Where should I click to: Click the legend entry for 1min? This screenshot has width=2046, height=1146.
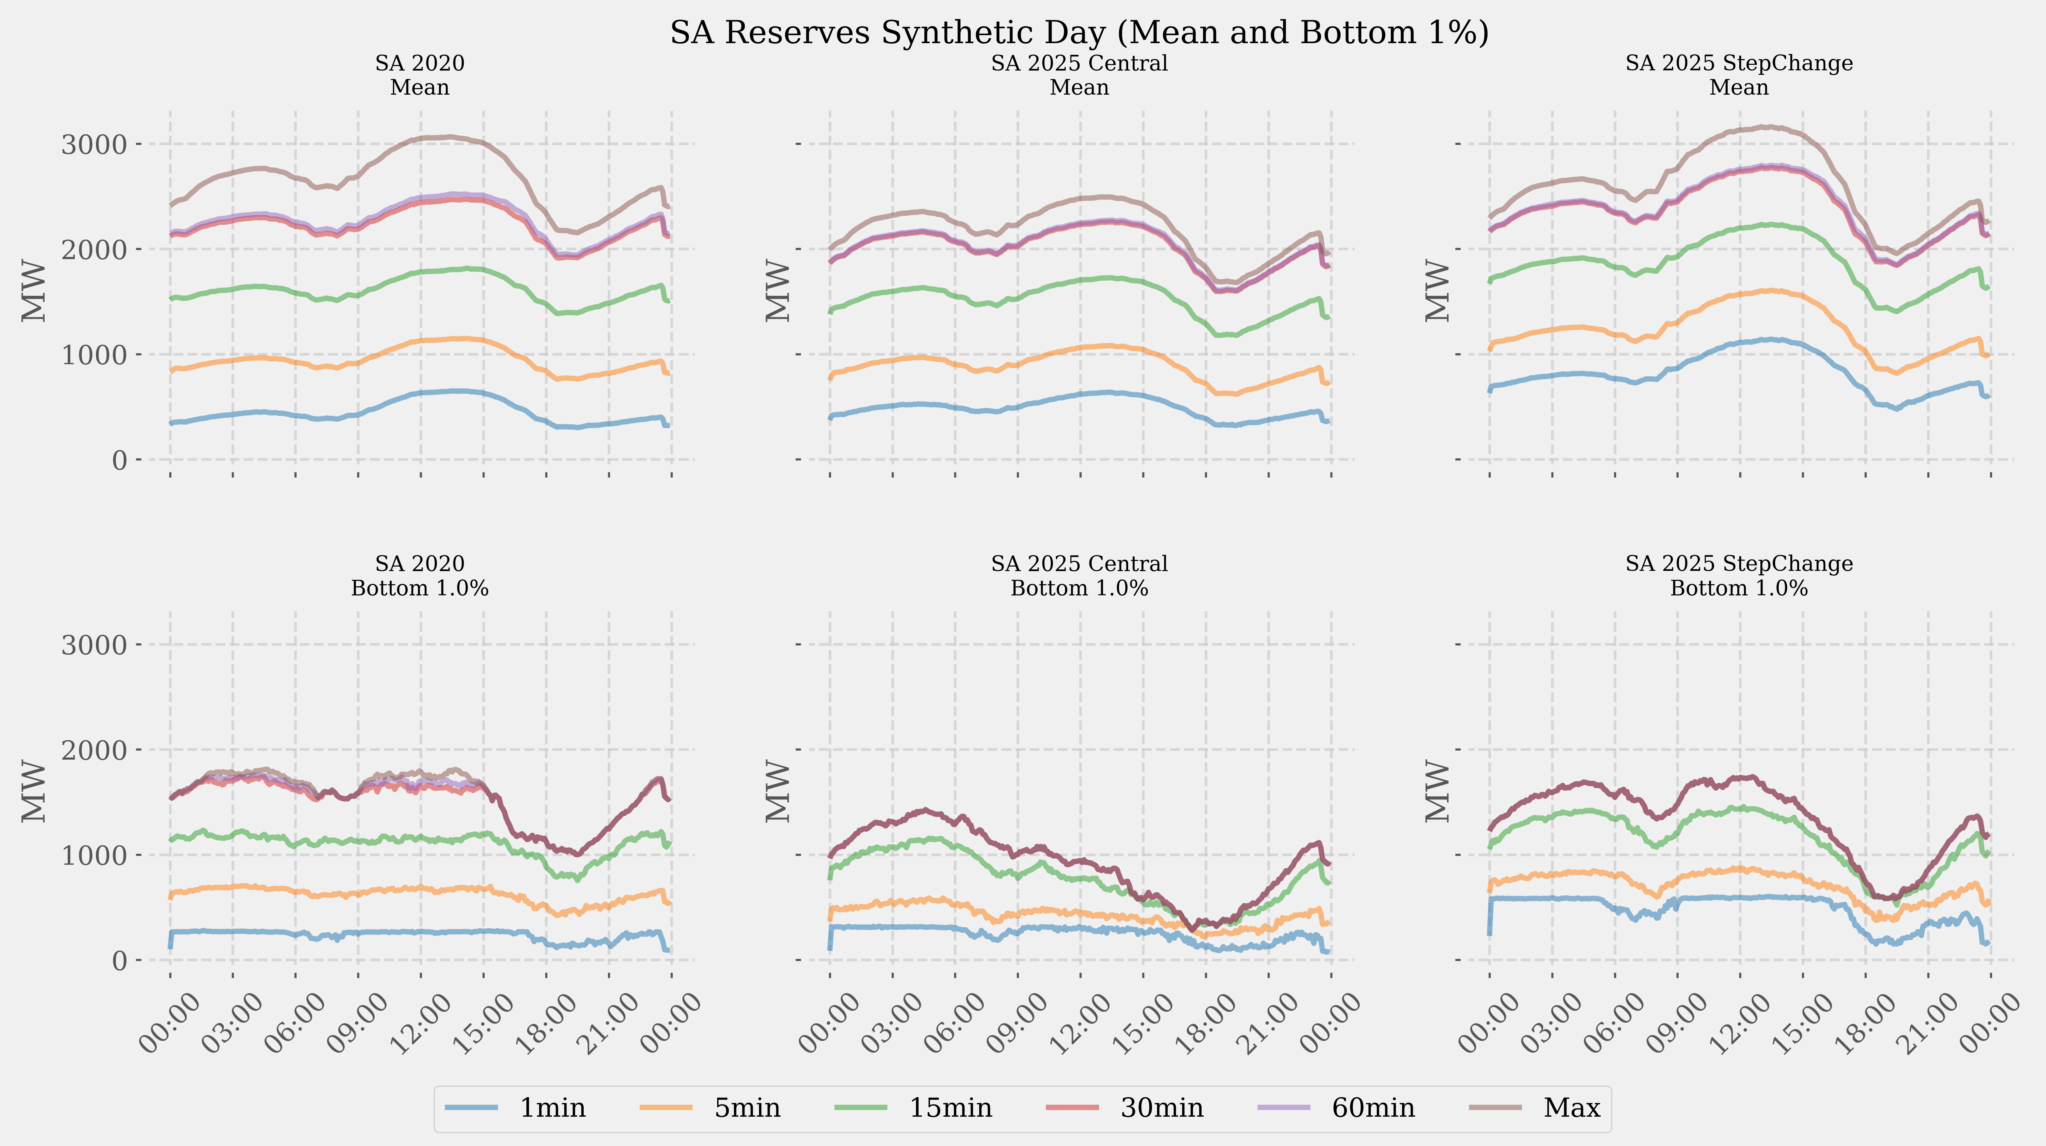[552, 1108]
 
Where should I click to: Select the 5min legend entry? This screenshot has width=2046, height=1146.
[747, 1108]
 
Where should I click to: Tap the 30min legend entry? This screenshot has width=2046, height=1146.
[1161, 1108]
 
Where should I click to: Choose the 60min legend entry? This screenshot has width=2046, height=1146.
[1373, 1108]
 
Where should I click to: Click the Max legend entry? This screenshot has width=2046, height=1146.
[1571, 1108]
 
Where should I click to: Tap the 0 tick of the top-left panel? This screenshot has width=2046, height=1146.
[119, 460]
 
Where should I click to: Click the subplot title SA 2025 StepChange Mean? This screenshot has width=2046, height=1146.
[1739, 76]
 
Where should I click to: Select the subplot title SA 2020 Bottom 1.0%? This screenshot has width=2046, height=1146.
[419, 576]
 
